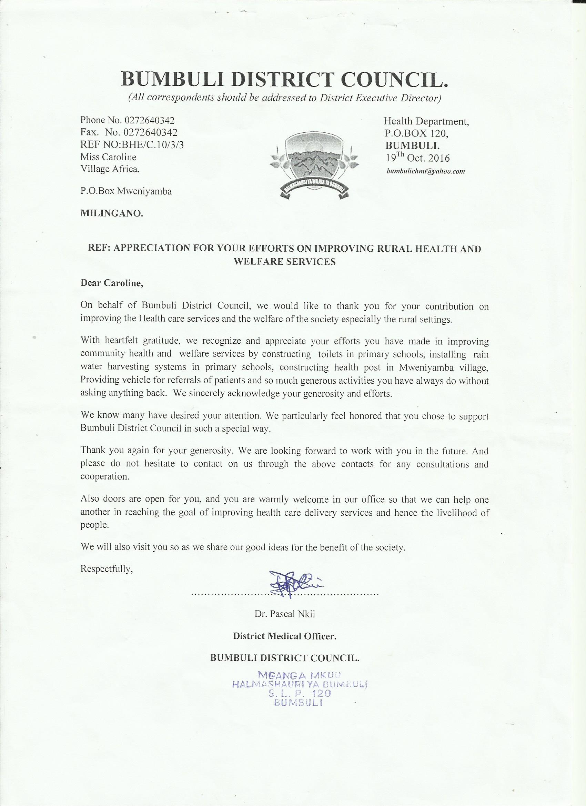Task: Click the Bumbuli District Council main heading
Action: pos(284,79)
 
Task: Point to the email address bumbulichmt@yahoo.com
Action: pos(426,171)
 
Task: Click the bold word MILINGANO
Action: pos(112,214)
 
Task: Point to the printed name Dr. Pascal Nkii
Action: pos(285,614)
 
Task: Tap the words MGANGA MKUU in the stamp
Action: pos(299,675)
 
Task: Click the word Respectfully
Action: pos(107,569)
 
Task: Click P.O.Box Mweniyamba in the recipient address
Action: pos(126,191)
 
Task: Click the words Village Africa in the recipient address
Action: pos(110,169)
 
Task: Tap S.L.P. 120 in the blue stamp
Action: pos(299,693)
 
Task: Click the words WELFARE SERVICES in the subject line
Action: pos(284,261)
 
